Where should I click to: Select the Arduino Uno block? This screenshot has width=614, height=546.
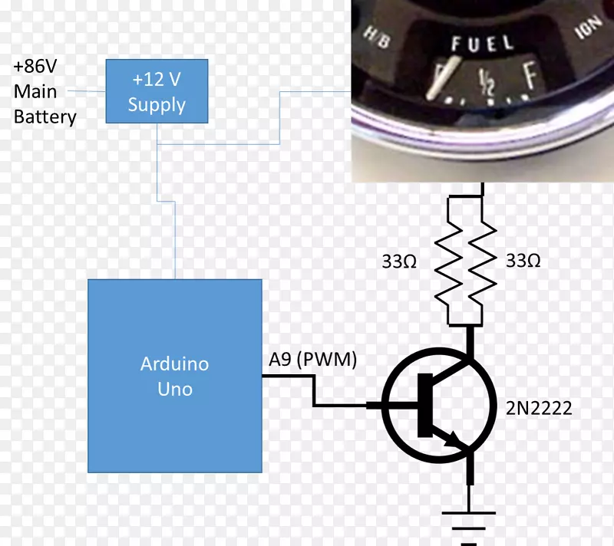point(175,376)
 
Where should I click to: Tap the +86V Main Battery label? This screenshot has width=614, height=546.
point(45,92)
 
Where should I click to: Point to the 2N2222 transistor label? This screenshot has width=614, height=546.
point(539,409)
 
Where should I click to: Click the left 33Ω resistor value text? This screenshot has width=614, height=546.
point(399,261)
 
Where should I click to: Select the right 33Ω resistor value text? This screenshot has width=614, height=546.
point(523,261)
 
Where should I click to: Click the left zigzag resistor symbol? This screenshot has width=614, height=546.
point(448,261)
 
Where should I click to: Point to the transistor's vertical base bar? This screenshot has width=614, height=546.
point(423,405)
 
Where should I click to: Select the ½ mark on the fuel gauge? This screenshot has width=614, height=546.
point(485,79)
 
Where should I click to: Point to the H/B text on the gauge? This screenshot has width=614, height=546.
point(376,36)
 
